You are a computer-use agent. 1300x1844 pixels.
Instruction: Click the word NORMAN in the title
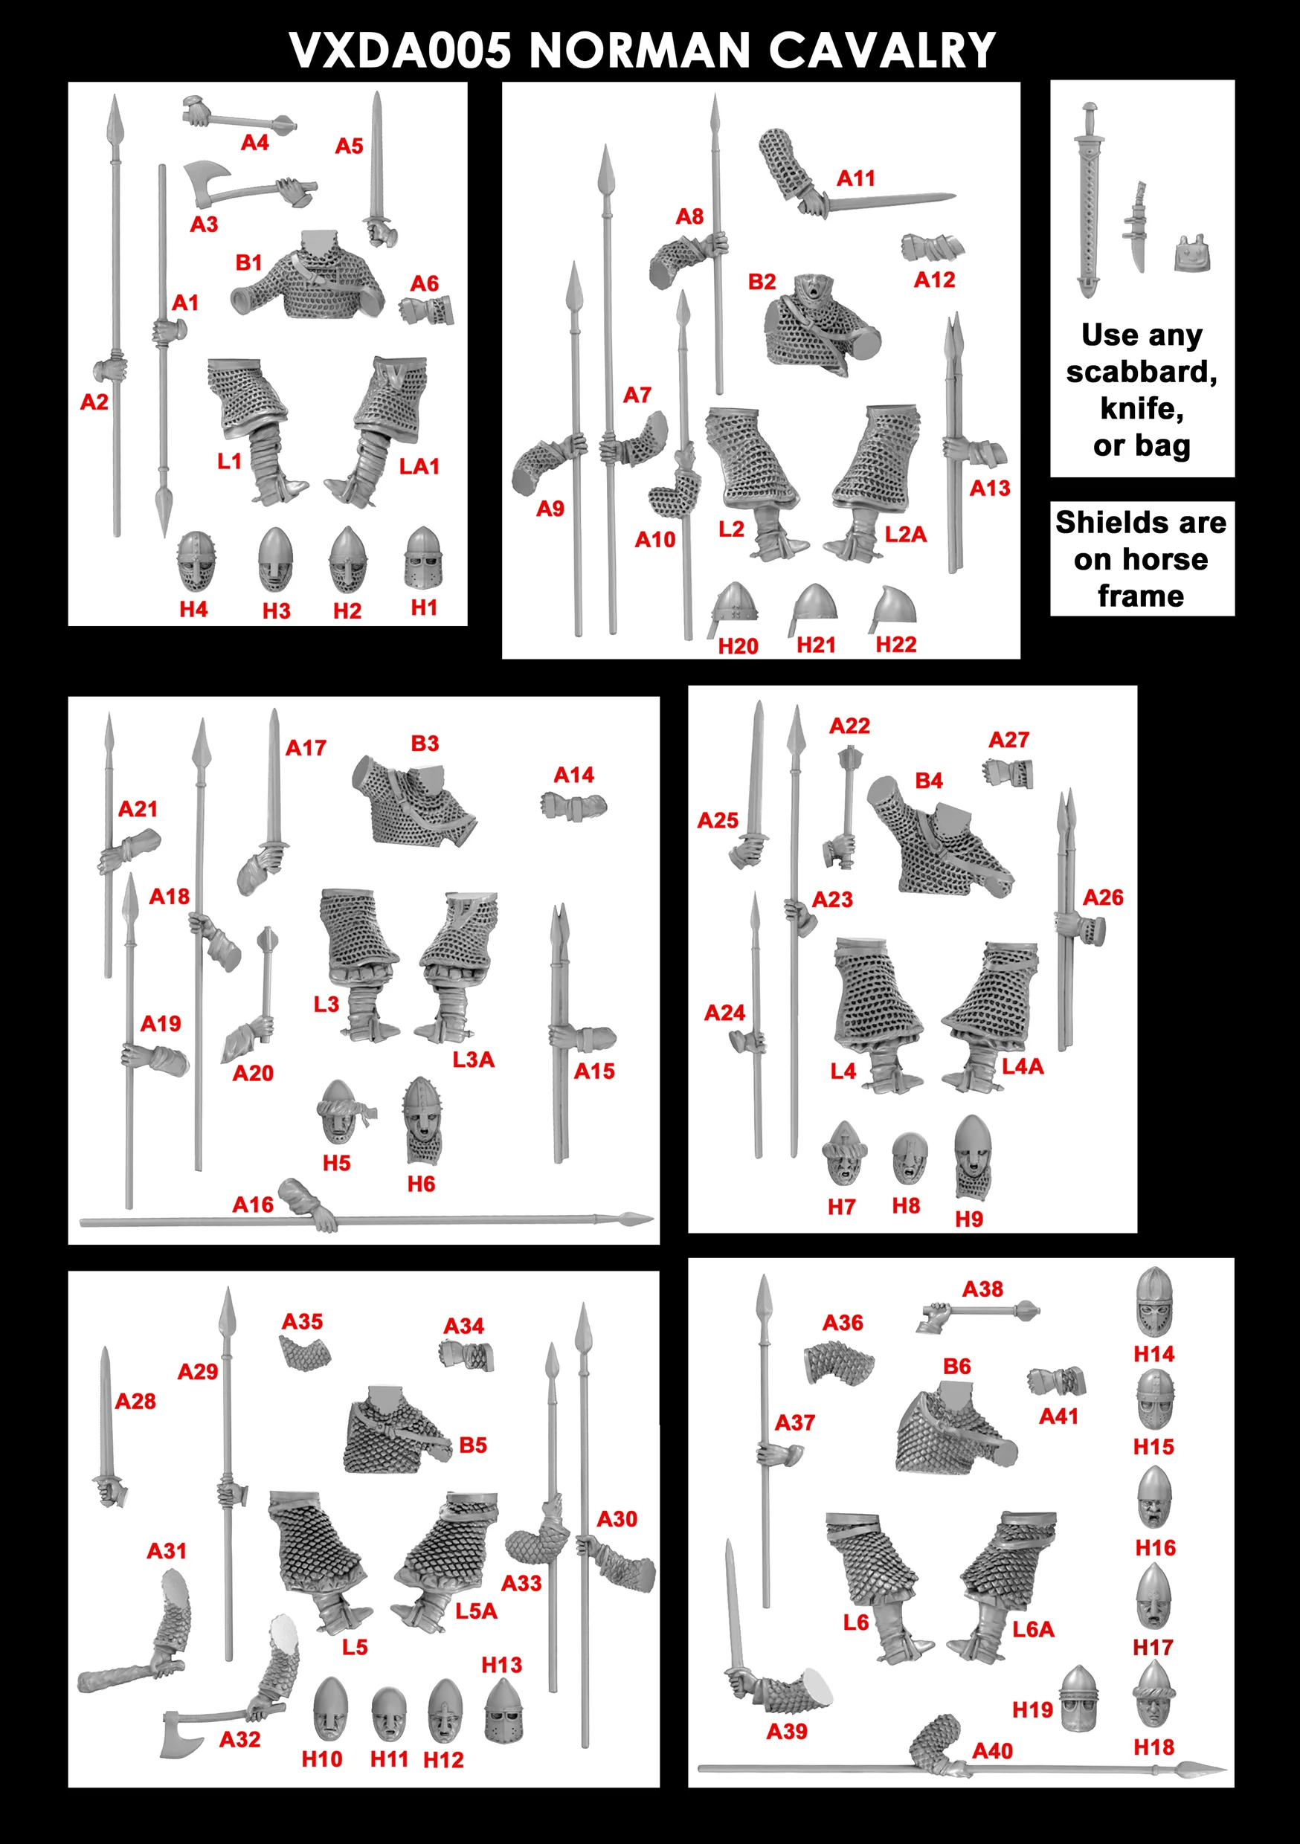click(640, 51)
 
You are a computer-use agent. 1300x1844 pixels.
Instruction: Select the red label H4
click(193, 610)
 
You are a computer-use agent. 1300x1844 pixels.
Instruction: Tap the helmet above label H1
click(422, 558)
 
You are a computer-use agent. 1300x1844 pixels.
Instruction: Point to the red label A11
click(856, 178)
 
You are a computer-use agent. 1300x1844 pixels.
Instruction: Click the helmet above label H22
click(893, 609)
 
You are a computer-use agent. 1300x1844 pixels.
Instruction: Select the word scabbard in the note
click(1142, 372)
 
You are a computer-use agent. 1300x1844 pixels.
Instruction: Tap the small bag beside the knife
click(1191, 254)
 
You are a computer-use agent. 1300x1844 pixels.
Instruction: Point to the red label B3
click(425, 744)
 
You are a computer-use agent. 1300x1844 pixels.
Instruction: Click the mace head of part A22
click(849, 758)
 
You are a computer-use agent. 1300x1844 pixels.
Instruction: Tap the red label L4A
click(1023, 1066)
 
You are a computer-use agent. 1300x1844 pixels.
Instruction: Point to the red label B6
click(957, 1366)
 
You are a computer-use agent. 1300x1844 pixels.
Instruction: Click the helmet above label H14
click(1153, 1303)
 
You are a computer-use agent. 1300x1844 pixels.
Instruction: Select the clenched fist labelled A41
click(1057, 1382)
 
